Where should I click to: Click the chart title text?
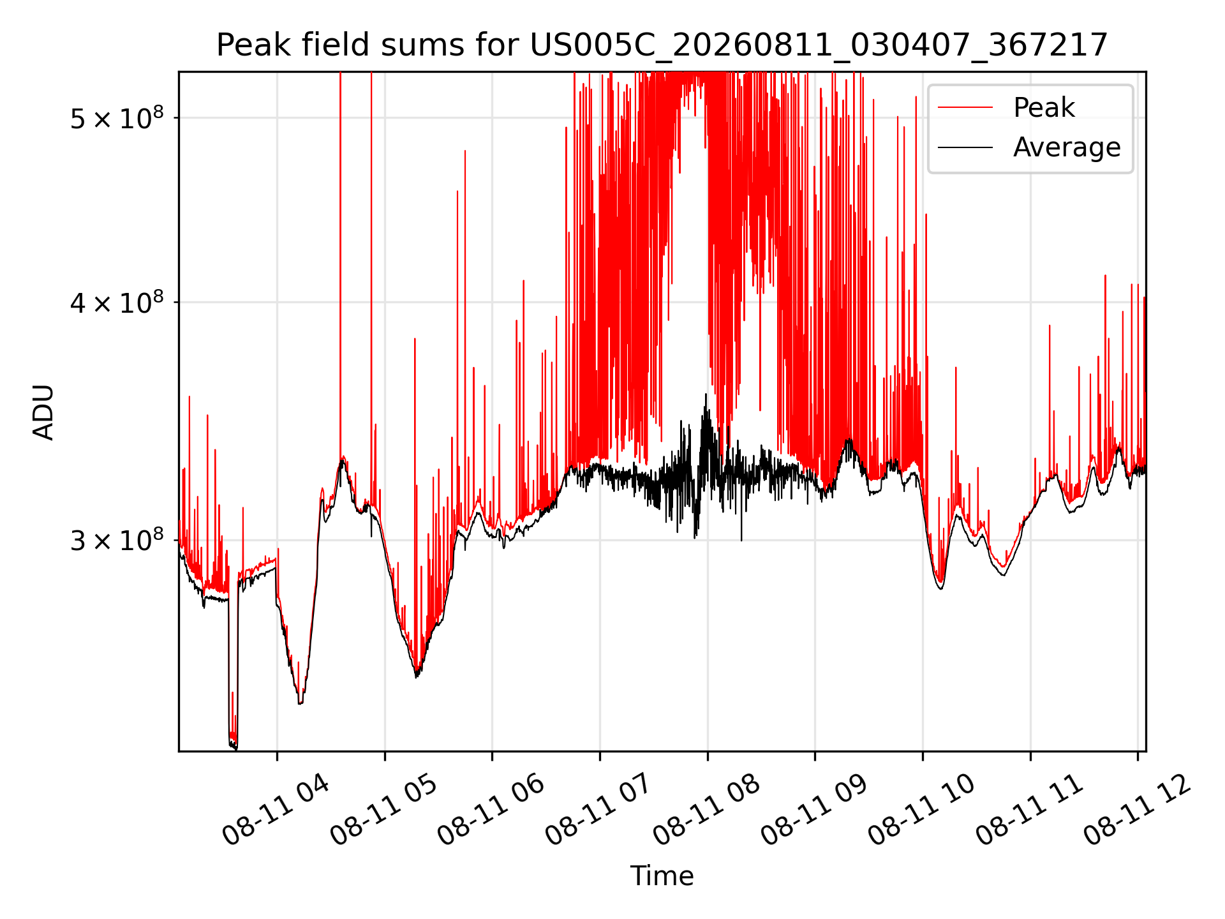point(662,45)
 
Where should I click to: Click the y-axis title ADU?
point(43,412)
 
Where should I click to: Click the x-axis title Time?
point(662,876)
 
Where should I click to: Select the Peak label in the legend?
point(1044,107)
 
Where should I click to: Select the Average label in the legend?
point(1067,147)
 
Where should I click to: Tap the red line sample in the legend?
point(965,108)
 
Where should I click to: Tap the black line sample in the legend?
point(965,147)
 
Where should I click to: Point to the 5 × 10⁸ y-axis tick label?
point(117,118)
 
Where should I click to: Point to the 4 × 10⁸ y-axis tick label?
point(117,303)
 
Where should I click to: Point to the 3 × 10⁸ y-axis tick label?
point(117,541)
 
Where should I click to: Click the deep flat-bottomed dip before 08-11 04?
point(233,740)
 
